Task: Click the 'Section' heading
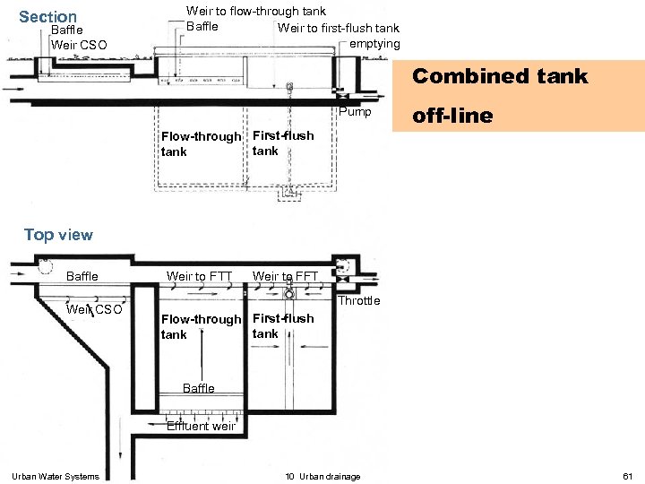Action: click(47, 17)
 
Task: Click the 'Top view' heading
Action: click(58, 235)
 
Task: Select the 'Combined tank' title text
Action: click(500, 76)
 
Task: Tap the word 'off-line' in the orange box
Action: click(452, 116)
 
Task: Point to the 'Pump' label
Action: click(355, 112)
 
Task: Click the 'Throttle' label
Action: click(358, 301)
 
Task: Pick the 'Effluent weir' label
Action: click(202, 426)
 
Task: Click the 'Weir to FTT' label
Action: click(199, 276)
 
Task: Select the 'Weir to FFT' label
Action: click(285, 276)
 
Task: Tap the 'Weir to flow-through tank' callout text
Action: click(256, 11)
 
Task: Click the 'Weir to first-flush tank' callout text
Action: click(338, 28)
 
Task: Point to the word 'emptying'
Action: click(374, 44)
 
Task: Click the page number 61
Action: click(628, 476)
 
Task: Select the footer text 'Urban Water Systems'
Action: click(56, 477)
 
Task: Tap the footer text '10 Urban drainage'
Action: click(322, 477)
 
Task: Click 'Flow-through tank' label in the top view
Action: click(202, 327)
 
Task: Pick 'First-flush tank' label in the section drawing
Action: click(283, 143)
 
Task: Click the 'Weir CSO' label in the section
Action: click(79, 45)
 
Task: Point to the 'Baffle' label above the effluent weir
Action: click(199, 388)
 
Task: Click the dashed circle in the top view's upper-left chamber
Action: click(46, 267)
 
